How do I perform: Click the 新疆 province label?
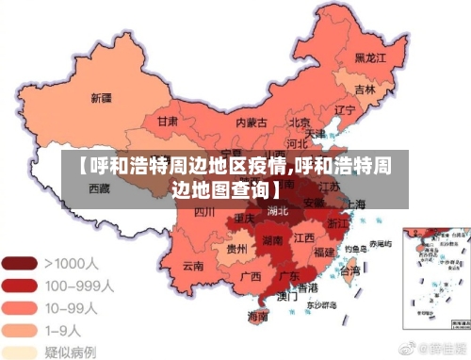[x=101, y=98]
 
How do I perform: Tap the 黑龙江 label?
[x=370, y=57]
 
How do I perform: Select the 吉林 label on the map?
[x=365, y=90]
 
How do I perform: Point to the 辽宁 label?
[x=345, y=109]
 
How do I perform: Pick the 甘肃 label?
[x=169, y=122]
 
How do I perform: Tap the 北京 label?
[x=300, y=122]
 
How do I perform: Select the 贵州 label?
[x=237, y=249]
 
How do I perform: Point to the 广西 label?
[x=251, y=277]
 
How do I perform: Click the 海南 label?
[x=256, y=318]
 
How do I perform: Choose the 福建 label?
[x=325, y=252]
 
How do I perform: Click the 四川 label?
[x=204, y=212]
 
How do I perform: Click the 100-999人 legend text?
[x=81, y=285]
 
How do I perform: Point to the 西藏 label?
[x=99, y=188]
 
